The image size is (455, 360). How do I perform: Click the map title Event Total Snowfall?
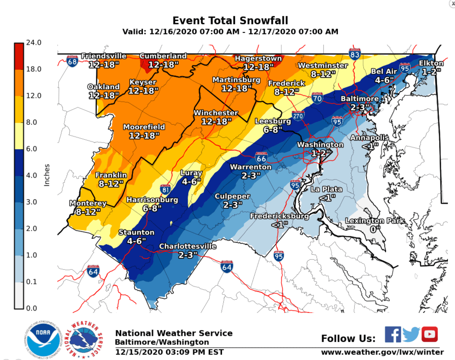point(230,21)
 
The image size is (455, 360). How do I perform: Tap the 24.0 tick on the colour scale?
point(33,42)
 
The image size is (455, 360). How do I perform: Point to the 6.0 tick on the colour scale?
point(31,149)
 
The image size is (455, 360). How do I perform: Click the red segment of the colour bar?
point(19,56)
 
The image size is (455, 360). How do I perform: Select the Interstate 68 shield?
point(72,62)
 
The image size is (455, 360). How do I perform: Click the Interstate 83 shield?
point(355,54)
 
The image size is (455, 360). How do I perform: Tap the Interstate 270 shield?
point(298,115)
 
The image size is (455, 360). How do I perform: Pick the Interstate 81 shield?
point(165,190)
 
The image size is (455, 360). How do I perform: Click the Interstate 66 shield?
point(261,158)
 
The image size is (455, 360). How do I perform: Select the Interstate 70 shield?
point(317,98)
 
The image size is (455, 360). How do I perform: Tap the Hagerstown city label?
point(258,58)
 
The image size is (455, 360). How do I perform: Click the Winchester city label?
point(216,113)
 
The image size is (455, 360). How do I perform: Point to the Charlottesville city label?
point(188,246)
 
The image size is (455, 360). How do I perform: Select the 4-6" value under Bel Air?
point(384,80)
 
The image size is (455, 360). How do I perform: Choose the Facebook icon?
point(393,334)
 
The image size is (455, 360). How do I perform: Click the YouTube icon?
point(429,334)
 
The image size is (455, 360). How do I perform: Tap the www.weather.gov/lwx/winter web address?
point(382,352)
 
